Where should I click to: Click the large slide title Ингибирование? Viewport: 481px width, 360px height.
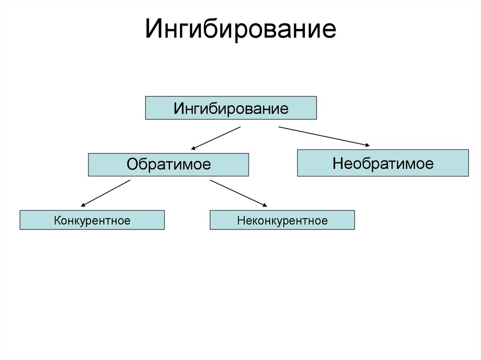click(x=240, y=29)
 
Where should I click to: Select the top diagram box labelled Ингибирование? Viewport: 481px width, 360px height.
click(x=231, y=108)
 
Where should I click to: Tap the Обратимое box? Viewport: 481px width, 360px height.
click(x=168, y=164)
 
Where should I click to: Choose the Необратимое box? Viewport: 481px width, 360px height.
click(x=382, y=163)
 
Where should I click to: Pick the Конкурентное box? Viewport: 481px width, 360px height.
click(x=92, y=220)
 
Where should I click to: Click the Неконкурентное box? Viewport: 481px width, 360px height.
click(x=282, y=220)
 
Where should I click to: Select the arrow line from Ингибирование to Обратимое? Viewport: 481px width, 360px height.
click(x=216, y=138)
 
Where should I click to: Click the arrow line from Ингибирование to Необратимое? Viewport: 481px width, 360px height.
click(x=324, y=136)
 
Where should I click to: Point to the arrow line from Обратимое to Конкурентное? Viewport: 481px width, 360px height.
click(x=106, y=193)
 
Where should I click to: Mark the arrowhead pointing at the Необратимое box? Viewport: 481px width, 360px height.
click(x=366, y=145)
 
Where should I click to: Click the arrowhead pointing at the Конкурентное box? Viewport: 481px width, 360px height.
click(x=84, y=205)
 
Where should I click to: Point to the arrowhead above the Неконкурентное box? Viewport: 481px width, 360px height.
click(x=264, y=205)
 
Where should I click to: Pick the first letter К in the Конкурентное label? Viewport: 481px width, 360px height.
click(x=57, y=220)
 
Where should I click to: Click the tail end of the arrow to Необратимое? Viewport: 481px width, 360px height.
click(x=279, y=127)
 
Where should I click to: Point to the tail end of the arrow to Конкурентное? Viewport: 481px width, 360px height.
click(x=130, y=181)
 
